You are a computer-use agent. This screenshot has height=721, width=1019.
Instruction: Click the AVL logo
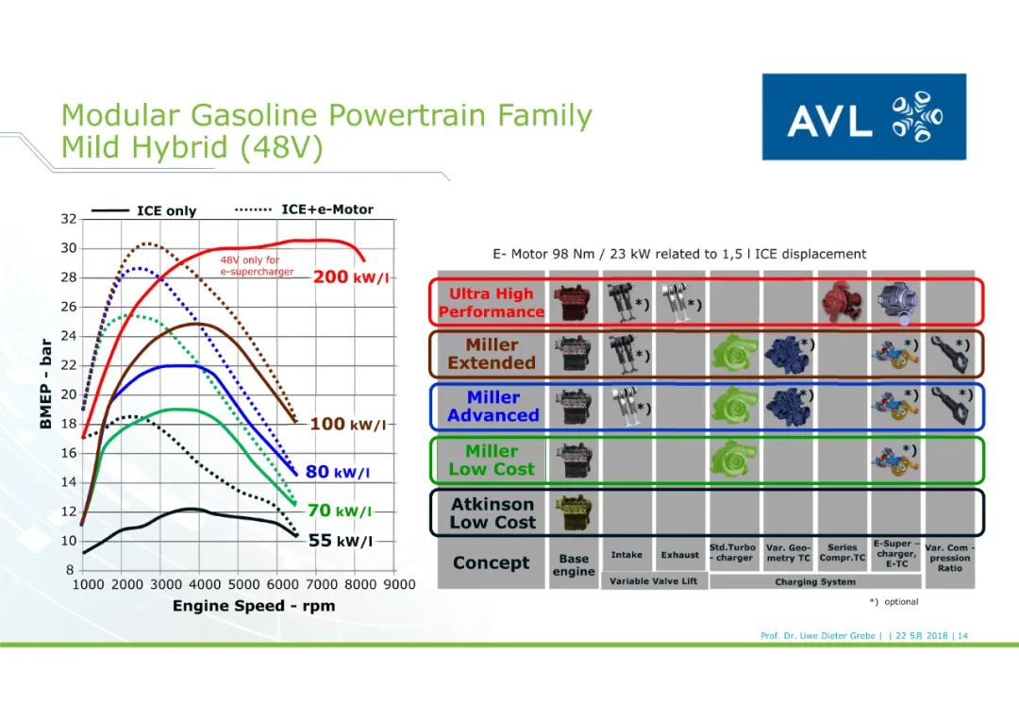coord(863,117)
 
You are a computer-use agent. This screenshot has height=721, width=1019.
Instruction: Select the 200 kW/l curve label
coord(349,277)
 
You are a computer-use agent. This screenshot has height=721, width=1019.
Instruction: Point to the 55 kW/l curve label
coord(340,541)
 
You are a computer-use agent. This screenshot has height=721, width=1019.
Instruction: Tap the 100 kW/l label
coord(347,424)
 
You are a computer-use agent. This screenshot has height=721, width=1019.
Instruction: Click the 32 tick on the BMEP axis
coord(69,219)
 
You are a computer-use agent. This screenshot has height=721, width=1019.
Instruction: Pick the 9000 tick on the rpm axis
coord(397,584)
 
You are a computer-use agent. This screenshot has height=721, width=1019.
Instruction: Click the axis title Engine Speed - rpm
coord(253,606)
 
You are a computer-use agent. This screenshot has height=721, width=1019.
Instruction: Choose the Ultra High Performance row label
coord(491,303)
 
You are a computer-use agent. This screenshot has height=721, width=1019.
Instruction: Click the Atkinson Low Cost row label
coord(492,513)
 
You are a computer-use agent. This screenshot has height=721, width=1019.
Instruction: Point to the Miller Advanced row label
coord(492,407)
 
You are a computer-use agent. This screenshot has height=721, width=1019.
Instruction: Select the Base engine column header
coord(574,565)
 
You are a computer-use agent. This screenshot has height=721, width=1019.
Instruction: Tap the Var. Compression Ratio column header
coord(949,558)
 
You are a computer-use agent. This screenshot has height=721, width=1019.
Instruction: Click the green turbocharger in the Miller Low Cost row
coord(734,459)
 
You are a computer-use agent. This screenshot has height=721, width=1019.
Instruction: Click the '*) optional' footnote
coord(894,602)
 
